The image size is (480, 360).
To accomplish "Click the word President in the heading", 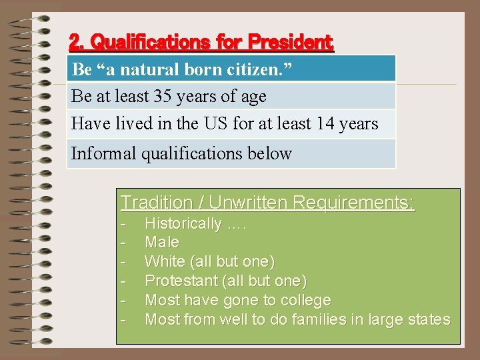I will [x=290, y=43].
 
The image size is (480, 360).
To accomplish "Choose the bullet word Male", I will [x=162, y=242].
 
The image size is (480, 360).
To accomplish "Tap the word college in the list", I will [x=306, y=300].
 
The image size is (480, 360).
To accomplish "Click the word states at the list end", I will [x=429, y=319].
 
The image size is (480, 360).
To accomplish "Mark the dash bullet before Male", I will [x=123, y=242].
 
